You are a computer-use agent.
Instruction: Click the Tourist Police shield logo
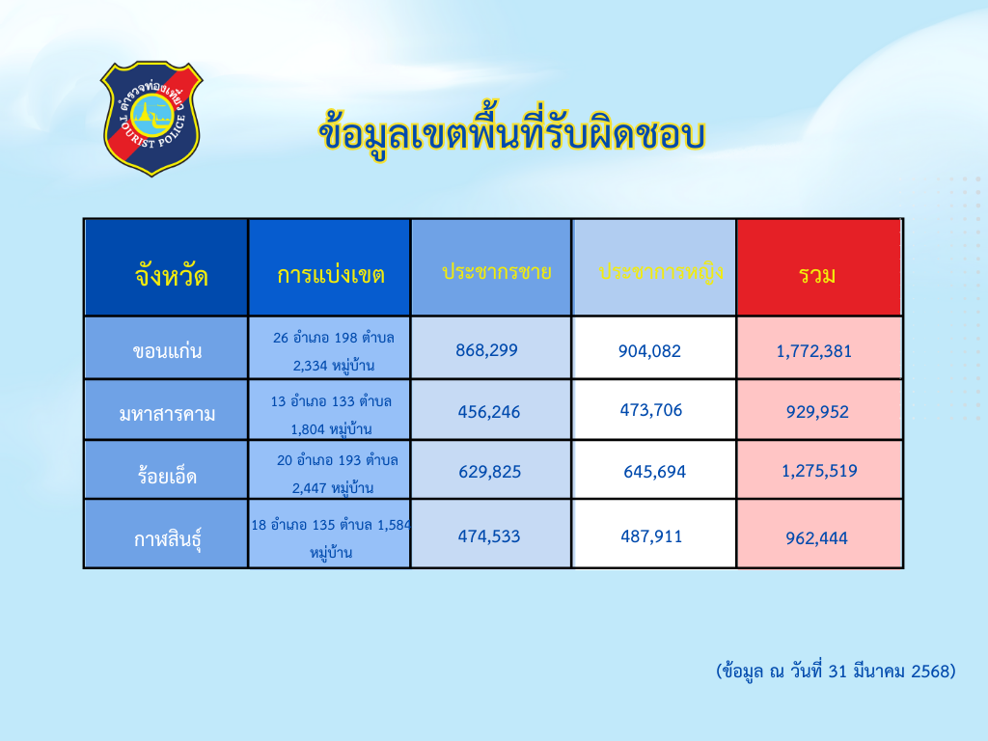pos(151,118)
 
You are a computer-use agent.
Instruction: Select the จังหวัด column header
pos(171,276)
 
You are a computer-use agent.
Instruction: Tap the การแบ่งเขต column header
pos(331,275)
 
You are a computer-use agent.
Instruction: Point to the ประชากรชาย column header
pos(497,271)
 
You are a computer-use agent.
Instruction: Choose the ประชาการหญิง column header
pos(660,271)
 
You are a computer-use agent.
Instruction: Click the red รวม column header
pos(817,275)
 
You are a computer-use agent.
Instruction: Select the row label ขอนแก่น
pos(167,350)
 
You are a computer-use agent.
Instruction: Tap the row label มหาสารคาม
pos(167,414)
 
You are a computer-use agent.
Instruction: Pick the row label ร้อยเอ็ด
pos(167,475)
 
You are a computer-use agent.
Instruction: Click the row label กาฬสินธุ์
pos(167,539)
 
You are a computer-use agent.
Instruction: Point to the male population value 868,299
pos(486,349)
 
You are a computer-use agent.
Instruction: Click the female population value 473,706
pos(651,410)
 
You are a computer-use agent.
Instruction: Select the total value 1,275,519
pos(819,471)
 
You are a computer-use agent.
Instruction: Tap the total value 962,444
pos(816,538)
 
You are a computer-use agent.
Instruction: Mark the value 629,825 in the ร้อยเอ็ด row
pos(489,471)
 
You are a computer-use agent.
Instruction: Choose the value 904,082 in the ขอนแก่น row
pos(649,351)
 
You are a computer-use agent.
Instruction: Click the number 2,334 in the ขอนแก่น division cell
pos(310,366)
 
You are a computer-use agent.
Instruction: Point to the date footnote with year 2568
pos(836,672)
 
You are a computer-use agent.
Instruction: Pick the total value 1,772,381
pos(813,351)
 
